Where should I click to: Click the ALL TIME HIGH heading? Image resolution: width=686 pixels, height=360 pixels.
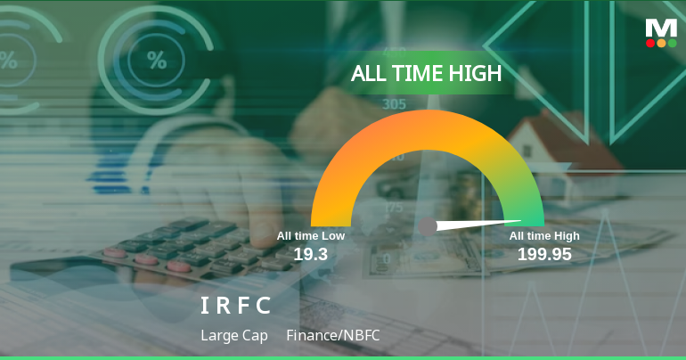point(426,73)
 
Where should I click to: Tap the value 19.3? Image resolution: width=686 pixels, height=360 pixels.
point(311,254)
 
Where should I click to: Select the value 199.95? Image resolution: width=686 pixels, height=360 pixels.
point(544,254)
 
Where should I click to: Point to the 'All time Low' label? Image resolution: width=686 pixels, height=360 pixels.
point(310,236)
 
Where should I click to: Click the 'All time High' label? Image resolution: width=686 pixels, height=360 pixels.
point(544,236)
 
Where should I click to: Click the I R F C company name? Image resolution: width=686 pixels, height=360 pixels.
point(235,306)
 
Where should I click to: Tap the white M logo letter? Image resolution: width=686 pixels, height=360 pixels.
point(661,28)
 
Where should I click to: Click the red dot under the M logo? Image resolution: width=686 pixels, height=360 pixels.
point(650,43)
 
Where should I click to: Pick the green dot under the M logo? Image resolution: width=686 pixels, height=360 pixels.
point(672,43)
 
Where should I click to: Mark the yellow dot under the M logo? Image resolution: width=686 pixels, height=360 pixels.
point(661,43)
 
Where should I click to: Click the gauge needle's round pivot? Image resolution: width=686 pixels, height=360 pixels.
point(428,226)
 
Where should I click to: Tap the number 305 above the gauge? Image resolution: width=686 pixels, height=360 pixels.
point(395,104)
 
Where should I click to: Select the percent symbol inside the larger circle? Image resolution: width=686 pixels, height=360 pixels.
point(157,61)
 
